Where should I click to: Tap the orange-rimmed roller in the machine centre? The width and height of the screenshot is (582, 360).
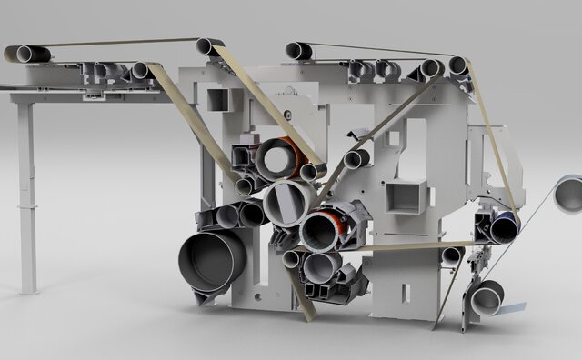pos(324,231)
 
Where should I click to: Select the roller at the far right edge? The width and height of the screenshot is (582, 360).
pos(568,194)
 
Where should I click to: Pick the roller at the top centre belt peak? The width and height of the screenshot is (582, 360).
pos(210,46)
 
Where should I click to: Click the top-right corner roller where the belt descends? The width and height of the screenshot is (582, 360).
pos(458,65)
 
